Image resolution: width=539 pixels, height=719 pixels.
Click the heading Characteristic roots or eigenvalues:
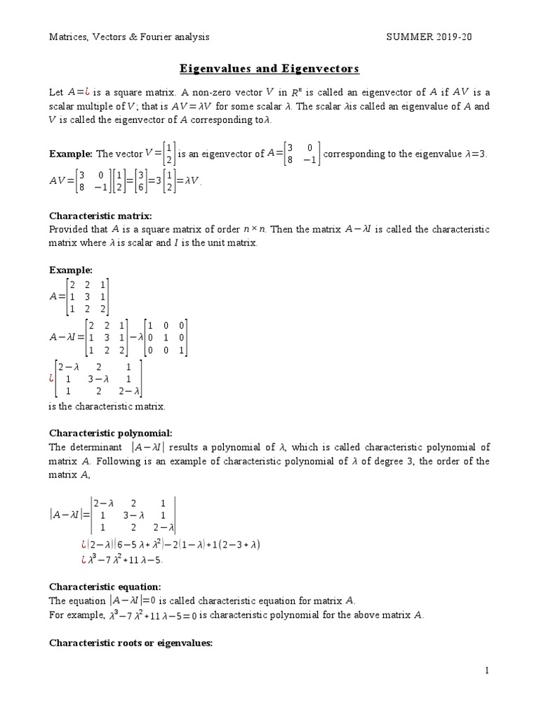pyautogui.click(x=130, y=642)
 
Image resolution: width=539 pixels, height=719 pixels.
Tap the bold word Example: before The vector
pyautogui.click(x=70, y=154)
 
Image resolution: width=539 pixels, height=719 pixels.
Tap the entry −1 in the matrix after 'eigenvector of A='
pyautogui.click(x=308, y=159)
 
